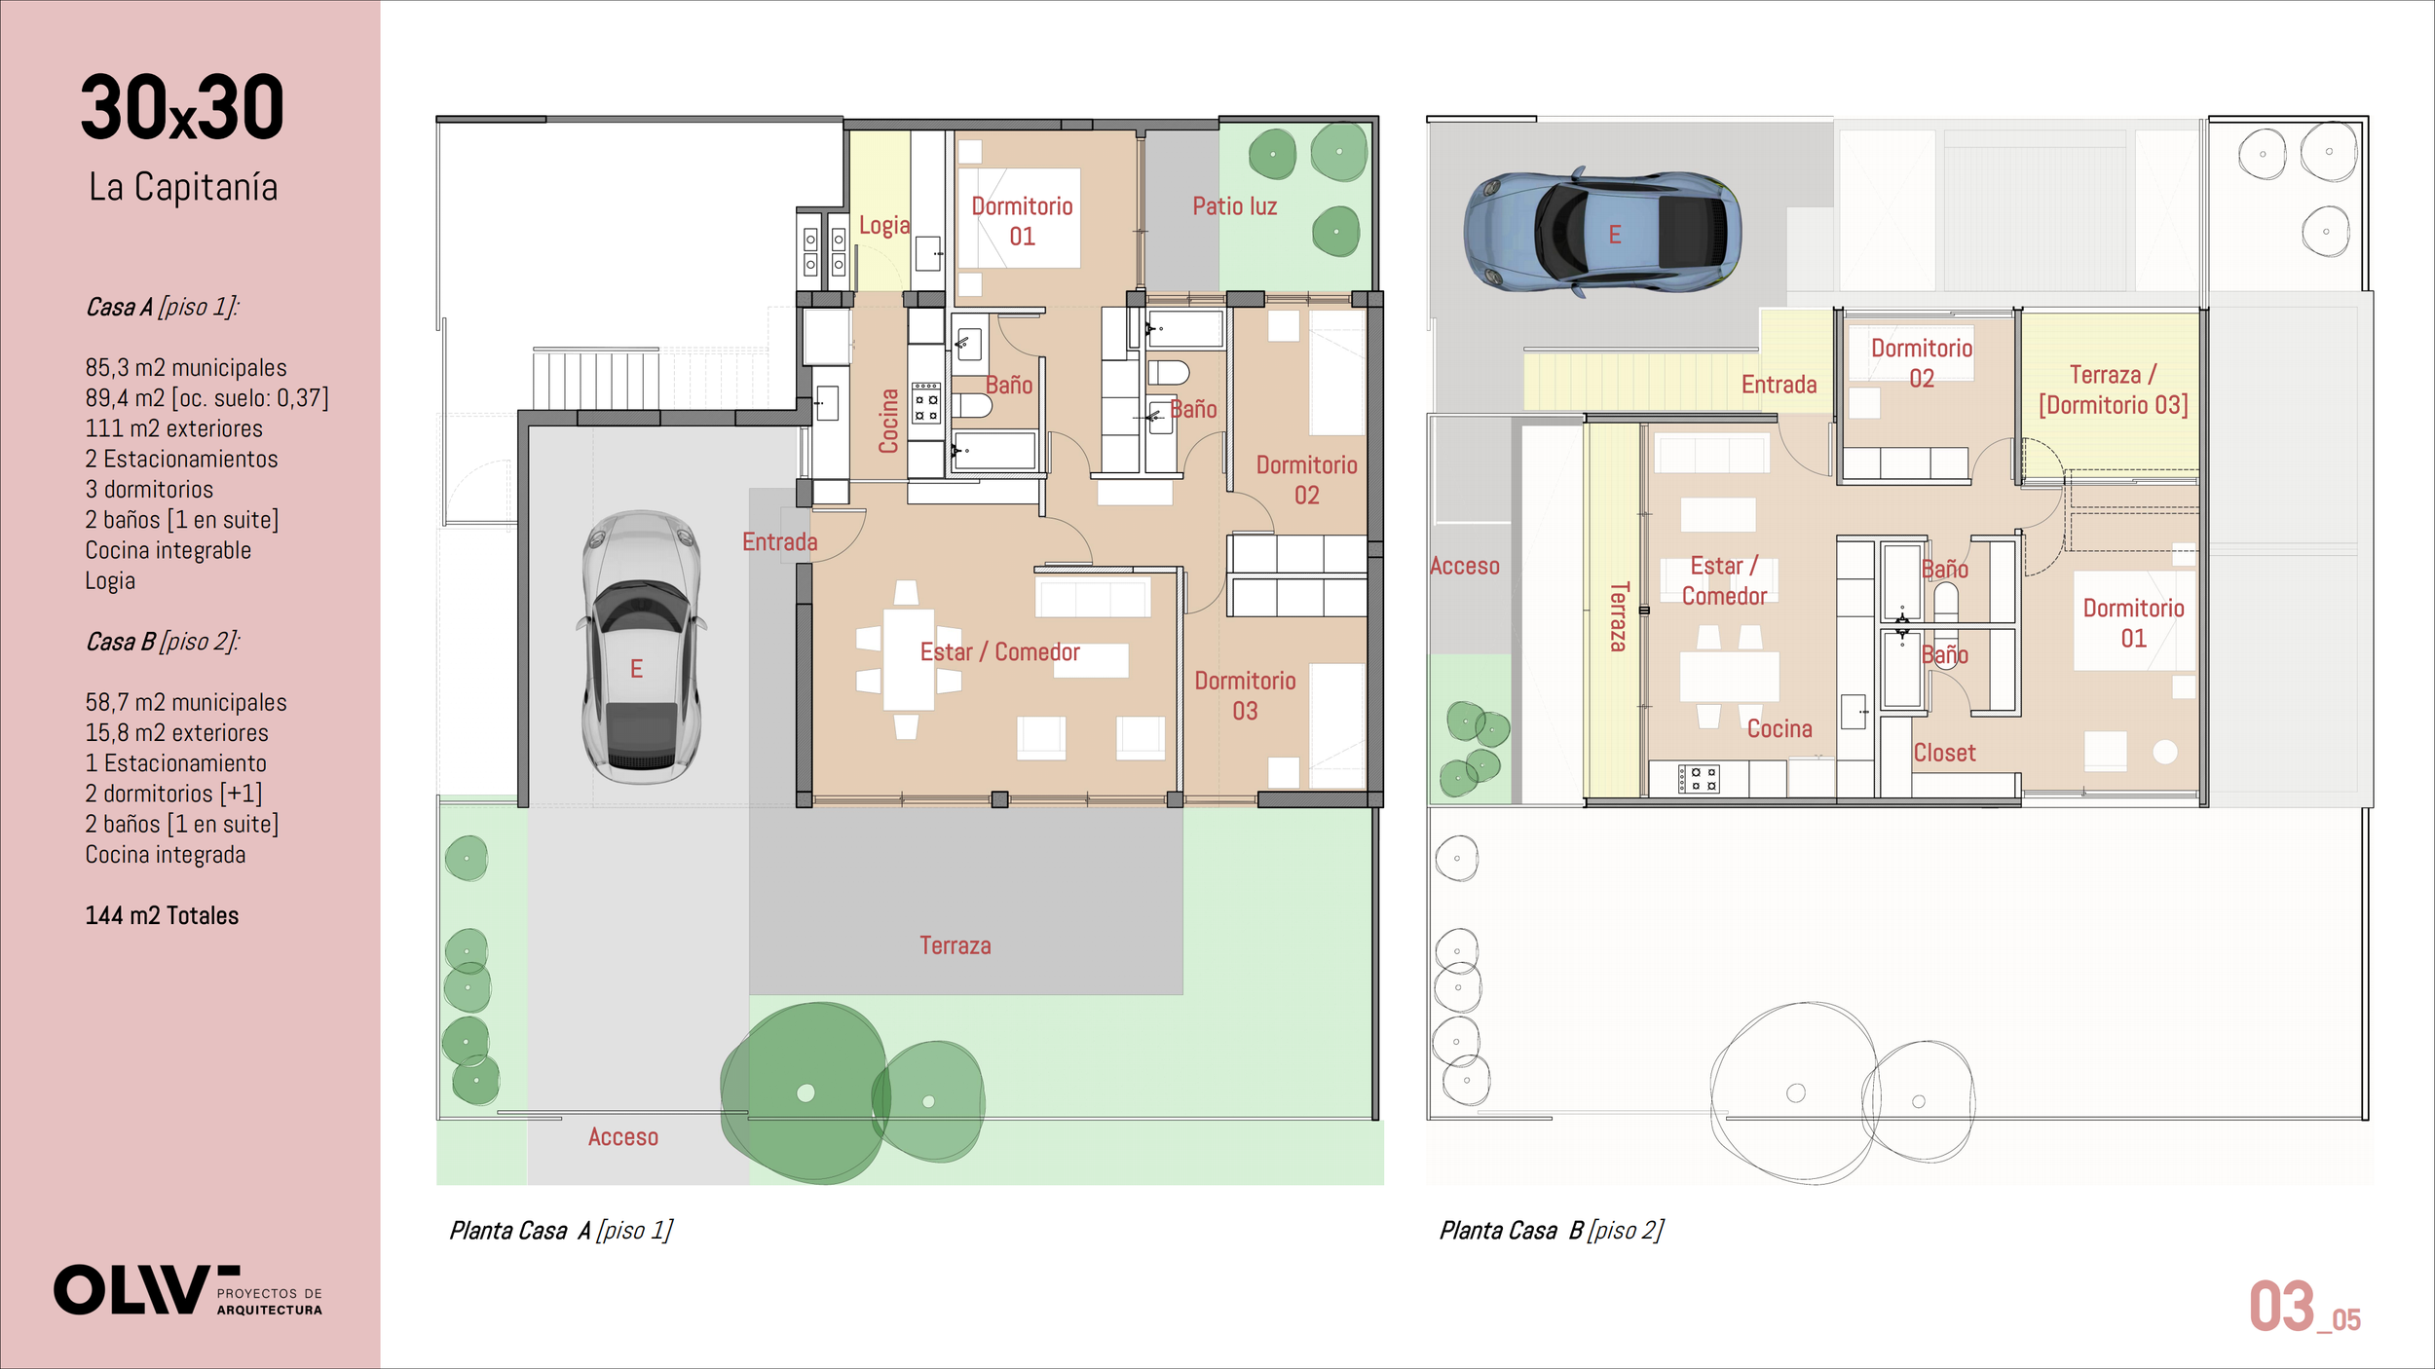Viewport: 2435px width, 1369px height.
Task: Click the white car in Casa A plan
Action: [641, 647]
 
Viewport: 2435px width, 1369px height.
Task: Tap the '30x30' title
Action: [182, 107]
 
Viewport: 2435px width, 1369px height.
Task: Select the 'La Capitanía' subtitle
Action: [183, 187]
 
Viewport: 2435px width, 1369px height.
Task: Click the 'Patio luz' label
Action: [1234, 206]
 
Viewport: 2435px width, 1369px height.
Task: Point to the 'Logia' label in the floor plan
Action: [883, 226]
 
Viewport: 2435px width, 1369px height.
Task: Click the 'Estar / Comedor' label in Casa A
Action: [999, 652]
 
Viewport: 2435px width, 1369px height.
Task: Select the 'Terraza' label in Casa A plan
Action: [955, 945]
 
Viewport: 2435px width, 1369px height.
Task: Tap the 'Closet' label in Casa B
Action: [1944, 753]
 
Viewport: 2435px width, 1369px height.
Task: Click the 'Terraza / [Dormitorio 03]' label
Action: [2114, 389]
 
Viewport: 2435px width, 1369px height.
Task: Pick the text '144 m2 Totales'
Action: [162, 915]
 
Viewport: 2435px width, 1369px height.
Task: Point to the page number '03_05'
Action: [2304, 1308]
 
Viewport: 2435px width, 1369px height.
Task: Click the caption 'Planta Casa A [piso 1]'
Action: [561, 1231]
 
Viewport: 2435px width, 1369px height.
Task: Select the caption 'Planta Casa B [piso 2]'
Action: [1552, 1231]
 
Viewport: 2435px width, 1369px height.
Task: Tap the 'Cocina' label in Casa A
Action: [887, 421]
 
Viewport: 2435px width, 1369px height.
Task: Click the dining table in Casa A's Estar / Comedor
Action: [909, 660]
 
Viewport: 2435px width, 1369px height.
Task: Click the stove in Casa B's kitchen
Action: [1699, 778]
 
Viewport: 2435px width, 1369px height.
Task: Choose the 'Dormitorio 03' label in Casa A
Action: [1245, 695]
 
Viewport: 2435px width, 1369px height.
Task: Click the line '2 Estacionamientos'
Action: [181, 459]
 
